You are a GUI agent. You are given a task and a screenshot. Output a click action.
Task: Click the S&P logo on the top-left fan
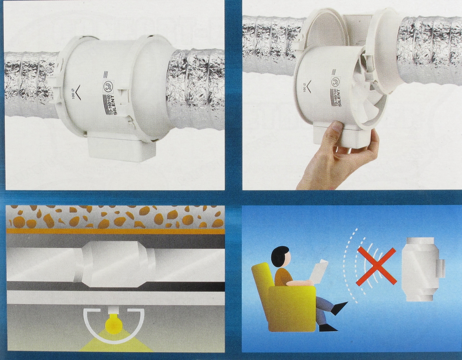[106, 86]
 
